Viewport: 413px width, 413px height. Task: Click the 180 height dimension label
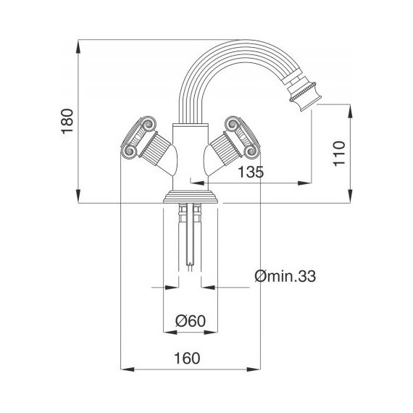click(67, 122)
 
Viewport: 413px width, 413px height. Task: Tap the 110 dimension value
click(338, 154)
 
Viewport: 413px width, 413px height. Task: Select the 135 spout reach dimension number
click(249, 172)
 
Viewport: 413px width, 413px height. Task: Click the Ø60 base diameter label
click(190, 320)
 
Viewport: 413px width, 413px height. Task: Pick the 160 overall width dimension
click(187, 359)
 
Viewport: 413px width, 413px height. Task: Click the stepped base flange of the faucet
click(191, 196)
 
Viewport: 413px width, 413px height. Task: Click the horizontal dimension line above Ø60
click(190, 332)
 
